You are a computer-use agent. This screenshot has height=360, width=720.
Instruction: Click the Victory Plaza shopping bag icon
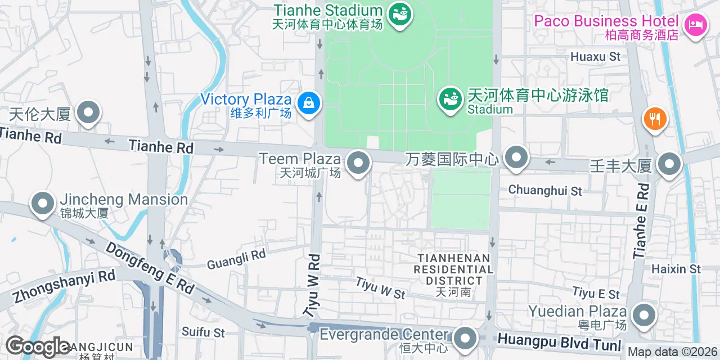[309, 103]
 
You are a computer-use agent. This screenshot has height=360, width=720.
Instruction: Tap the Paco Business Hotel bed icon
[696, 24]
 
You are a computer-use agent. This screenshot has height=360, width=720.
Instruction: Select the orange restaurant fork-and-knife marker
[655, 119]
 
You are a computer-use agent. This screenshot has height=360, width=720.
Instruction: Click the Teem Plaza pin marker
[358, 164]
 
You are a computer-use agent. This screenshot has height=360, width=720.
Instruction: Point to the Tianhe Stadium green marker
[401, 13]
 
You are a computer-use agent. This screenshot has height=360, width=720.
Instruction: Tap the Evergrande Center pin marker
[465, 339]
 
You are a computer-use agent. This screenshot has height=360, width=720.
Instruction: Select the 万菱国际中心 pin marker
[516, 157]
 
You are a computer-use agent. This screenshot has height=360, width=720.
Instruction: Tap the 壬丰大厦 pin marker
[669, 164]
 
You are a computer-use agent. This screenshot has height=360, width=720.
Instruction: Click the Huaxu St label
[595, 57]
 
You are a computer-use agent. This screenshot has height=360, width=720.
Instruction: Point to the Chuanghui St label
[545, 191]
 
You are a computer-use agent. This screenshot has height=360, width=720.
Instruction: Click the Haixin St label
[676, 269]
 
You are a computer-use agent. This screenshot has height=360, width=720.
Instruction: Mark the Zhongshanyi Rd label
[64, 287]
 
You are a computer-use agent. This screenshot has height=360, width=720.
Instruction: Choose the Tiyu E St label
[596, 293]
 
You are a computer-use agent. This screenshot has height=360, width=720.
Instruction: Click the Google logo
[38, 346]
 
